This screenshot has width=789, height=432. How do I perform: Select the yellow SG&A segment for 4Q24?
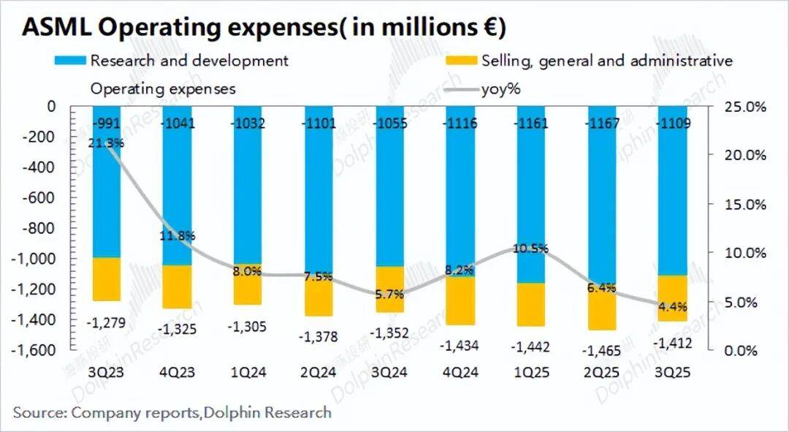coord(462,300)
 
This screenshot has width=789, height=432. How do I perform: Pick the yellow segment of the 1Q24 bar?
coord(248,284)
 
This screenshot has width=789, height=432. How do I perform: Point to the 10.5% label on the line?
coord(530,248)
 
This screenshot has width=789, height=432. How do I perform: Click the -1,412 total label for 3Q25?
coord(674,341)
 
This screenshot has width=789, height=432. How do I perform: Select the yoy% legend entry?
coord(501,89)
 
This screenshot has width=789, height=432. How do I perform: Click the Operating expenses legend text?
coord(163,89)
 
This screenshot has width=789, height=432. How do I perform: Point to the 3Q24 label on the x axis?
coord(390,371)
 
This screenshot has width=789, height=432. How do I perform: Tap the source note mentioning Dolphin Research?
coord(172,412)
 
